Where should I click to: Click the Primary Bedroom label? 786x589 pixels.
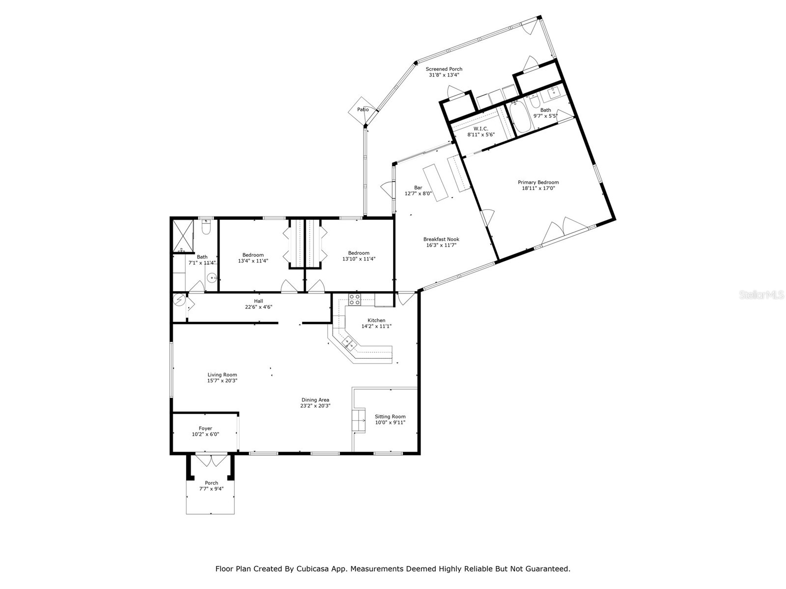click(x=538, y=182)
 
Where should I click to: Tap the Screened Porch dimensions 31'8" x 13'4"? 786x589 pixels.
click(x=444, y=75)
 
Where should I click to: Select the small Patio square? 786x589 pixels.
click(x=363, y=110)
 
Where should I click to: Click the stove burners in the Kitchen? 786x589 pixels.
click(x=354, y=299)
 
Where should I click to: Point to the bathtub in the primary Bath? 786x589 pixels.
click(x=518, y=118)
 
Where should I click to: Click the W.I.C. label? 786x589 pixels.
click(x=480, y=129)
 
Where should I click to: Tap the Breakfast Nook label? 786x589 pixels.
click(x=441, y=240)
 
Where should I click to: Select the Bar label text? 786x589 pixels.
click(x=418, y=187)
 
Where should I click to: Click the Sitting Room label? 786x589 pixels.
click(x=390, y=417)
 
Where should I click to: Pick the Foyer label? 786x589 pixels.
click(x=205, y=428)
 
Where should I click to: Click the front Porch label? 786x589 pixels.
click(x=211, y=483)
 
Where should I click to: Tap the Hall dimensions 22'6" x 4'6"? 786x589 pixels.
click(x=258, y=307)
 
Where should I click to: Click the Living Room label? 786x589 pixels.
click(x=222, y=375)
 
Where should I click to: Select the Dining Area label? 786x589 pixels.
click(x=315, y=400)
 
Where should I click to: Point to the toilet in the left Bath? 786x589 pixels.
click(x=206, y=228)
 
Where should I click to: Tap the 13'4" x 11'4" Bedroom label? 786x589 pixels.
click(x=253, y=255)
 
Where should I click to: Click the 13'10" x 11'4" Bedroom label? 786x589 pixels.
click(x=359, y=253)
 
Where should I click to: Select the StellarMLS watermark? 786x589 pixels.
click(x=761, y=295)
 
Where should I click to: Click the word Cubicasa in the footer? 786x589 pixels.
click(x=312, y=569)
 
